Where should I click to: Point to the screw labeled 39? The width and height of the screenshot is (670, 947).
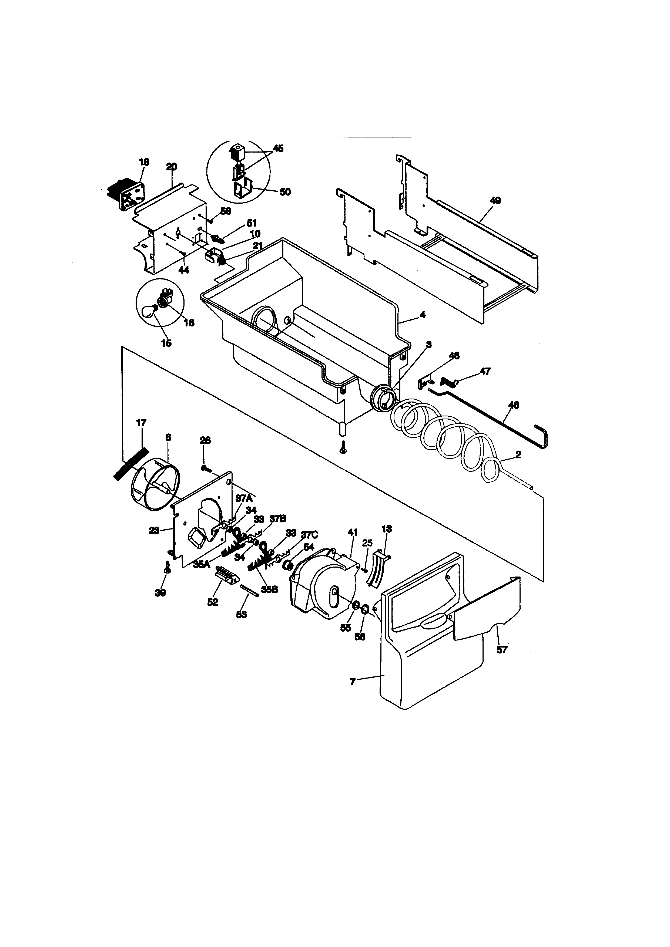168,568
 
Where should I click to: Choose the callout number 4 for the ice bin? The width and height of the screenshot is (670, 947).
423,315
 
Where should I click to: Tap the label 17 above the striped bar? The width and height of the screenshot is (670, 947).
141,423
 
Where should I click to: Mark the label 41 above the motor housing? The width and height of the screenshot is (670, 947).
353,533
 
